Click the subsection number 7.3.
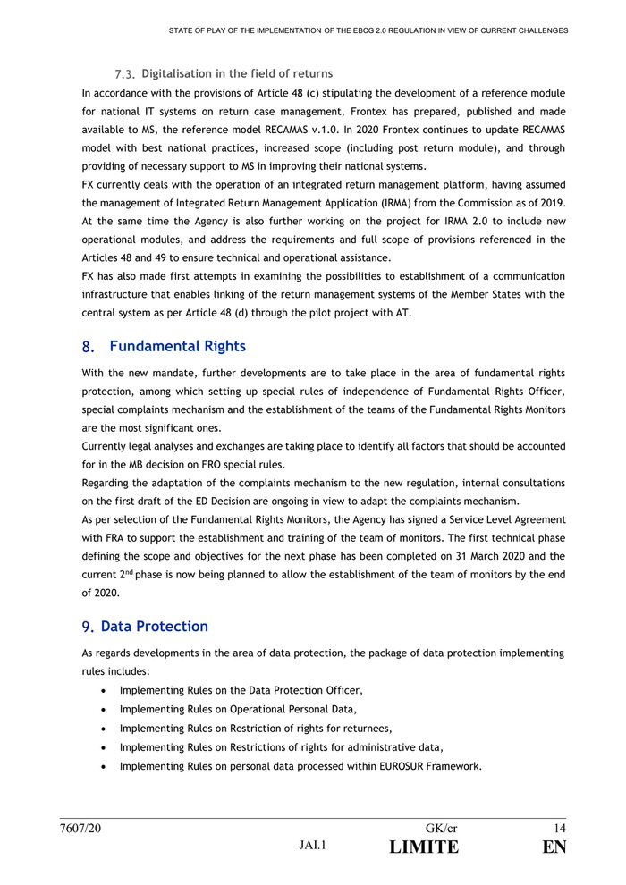tap(126, 73)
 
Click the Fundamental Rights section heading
tap(177, 346)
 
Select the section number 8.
tap(88, 347)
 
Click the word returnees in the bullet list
tap(365, 728)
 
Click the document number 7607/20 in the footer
tap(80, 829)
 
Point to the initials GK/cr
tap(442, 829)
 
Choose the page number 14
tap(560, 829)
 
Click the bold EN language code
tap(554, 847)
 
